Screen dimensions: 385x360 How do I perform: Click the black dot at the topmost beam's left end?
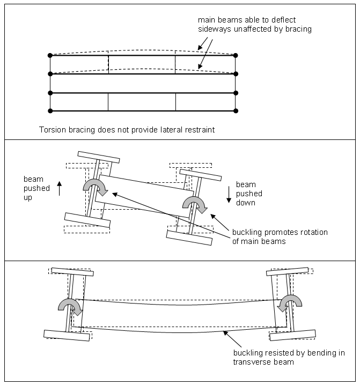click(x=50, y=55)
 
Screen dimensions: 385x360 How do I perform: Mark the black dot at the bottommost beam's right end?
click(x=236, y=111)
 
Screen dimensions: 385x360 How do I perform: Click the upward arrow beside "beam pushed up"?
click(x=60, y=188)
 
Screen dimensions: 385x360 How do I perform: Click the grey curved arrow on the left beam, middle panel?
click(x=95, y=187)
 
